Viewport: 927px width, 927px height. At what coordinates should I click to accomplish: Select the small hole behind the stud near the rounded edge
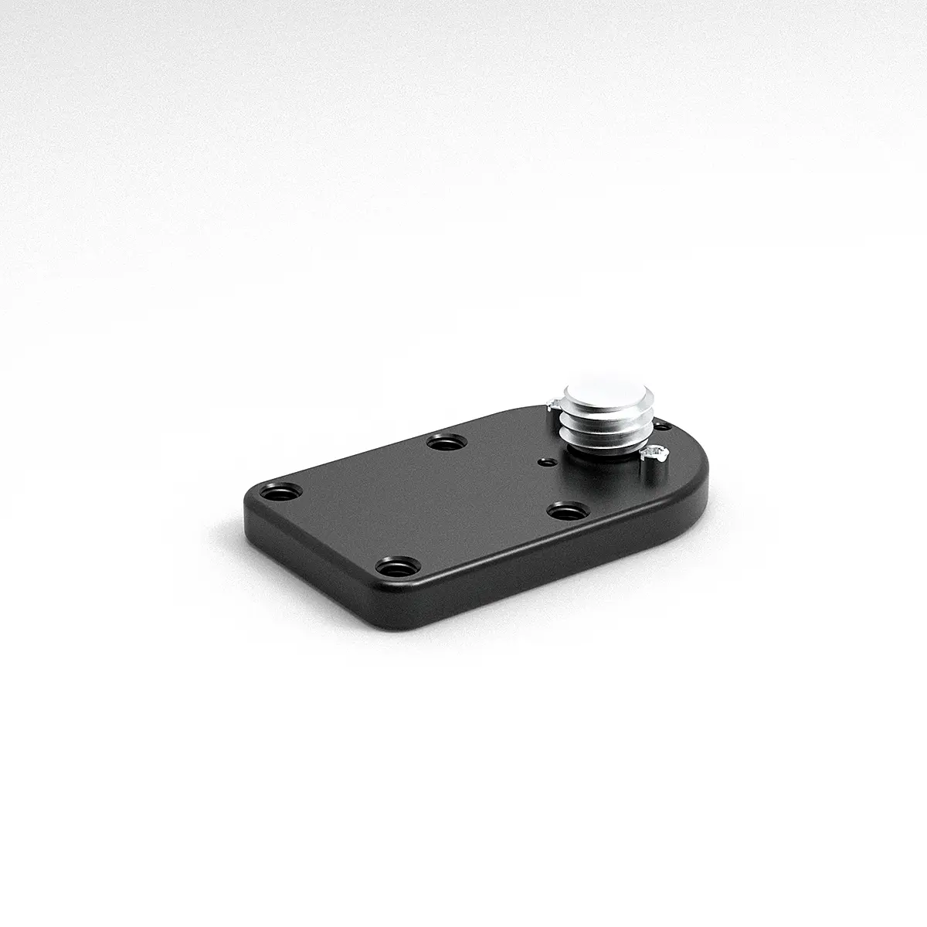click(x=661, y=424)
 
